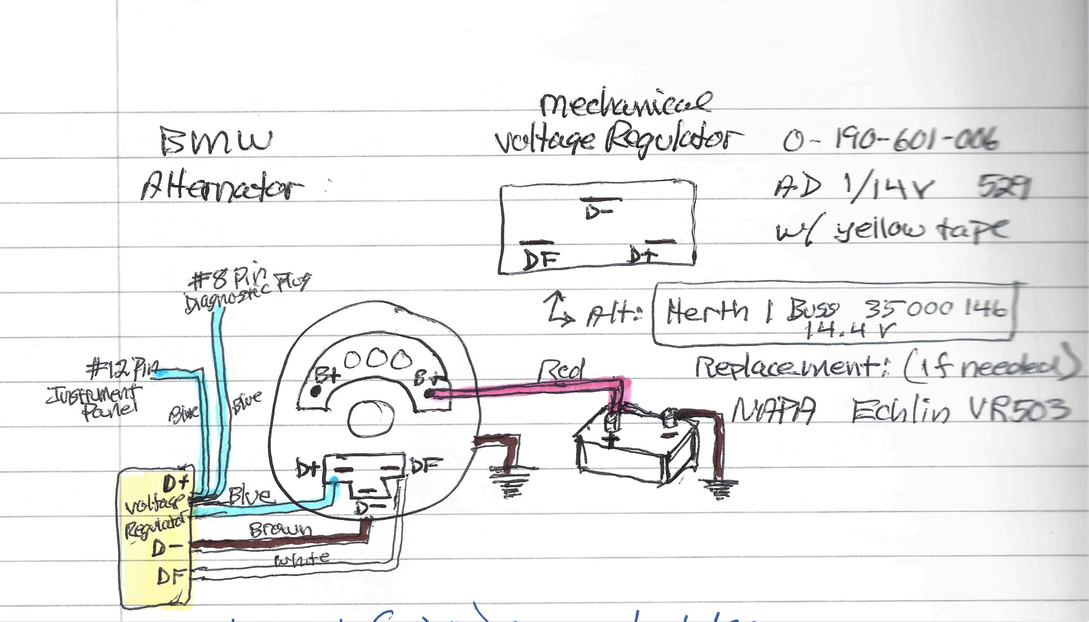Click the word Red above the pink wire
point(560,370)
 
